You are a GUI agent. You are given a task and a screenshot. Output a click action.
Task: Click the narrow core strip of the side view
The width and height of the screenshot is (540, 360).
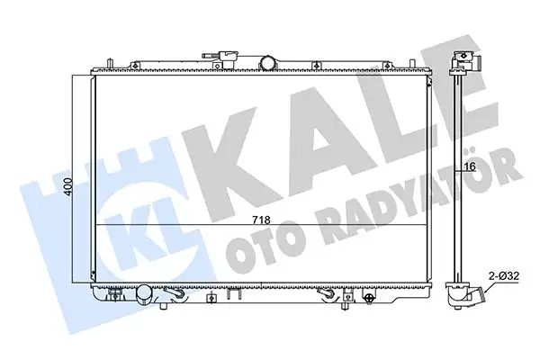(460, 180)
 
